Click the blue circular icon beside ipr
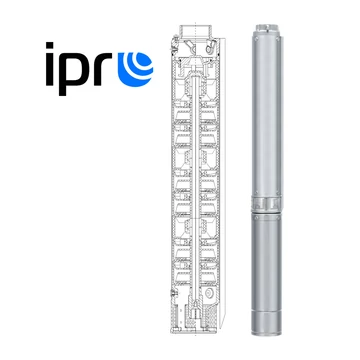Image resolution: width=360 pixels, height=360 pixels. pyautogui.click(x=135, y=69)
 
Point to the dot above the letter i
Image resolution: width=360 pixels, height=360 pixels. pyautogui.click(x=50, y=46)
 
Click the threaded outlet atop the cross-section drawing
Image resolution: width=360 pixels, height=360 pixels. pyautogui.click(x=195, y=31)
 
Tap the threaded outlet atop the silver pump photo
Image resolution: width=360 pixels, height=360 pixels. pyautogui.click(x=267, y=27)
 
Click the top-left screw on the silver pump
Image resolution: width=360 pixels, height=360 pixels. pyautogui.click(x=256, y=39)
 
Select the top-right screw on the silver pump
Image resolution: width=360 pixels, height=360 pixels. pyautogui.click(x=279, y=38)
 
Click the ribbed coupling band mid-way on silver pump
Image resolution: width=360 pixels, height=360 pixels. pyautogui.click(x=267, y=204)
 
